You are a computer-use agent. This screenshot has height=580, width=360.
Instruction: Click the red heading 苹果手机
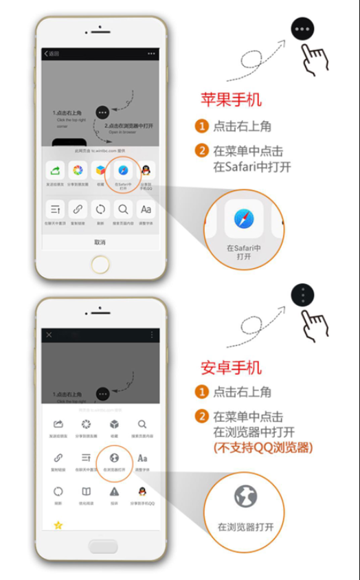(x=231, y=100)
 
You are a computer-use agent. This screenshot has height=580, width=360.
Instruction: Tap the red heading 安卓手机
(x=231, y=368)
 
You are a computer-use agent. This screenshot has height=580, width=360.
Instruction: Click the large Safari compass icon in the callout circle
(x=244, y=220)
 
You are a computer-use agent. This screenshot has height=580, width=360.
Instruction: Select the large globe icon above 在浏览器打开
(x=245, y=496)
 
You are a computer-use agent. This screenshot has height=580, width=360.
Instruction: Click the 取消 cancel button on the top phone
(x=100, y=242)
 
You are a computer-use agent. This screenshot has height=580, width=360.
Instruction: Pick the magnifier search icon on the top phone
(x=124, y=209)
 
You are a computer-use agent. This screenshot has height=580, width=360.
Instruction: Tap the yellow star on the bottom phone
(x=58, y=525)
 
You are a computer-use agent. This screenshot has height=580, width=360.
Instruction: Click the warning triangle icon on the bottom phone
(x=114, y=491)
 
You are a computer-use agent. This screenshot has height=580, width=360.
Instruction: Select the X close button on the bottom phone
(x=49, y=335)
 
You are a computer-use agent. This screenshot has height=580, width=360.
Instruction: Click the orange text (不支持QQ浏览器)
(x=263, y=448)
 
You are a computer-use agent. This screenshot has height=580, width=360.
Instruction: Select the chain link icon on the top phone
(x=78, y=209)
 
